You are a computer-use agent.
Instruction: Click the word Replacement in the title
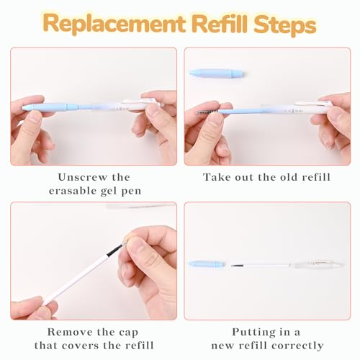114,24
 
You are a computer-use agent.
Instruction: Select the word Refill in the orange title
220,24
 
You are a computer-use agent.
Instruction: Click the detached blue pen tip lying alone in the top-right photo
216,73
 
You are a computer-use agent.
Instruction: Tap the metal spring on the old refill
207,112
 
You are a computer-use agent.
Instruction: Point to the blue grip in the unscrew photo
50,107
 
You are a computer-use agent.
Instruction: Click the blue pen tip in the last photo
207,264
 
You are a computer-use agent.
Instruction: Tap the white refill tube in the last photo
261,266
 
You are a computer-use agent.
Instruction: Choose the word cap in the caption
129,333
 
